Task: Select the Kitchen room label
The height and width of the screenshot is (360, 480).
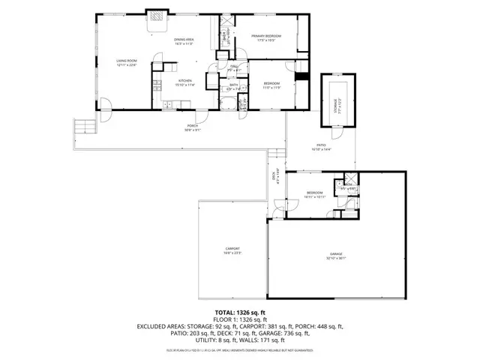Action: click(x=185, y=80)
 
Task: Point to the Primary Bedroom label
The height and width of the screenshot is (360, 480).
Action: click(x=266, y=35)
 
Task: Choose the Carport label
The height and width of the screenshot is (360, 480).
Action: click(x=232, y=248)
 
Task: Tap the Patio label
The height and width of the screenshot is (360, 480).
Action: click(x=321, y=145)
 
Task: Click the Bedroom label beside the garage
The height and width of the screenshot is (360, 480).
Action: click(x=314, y=193)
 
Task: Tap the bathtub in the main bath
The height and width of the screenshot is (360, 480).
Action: click(x=227, y=104)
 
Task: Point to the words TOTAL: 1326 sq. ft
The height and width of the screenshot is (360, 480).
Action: click(x=240, y=312)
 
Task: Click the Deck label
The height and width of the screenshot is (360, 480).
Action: click(x=274, y=175)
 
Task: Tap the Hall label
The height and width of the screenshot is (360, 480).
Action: click(x=234, y=67)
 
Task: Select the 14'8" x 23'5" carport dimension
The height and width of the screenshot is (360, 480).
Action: click(x=232, y=253)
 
